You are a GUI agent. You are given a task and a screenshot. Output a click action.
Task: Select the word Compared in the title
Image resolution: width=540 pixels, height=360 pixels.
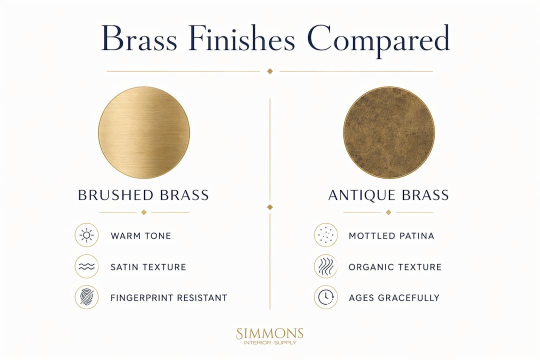click(x=378, y=40)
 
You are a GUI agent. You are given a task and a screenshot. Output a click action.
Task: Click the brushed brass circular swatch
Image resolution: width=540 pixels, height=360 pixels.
click(x=144, y=132)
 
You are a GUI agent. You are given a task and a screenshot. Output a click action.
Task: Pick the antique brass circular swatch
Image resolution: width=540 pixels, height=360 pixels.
click(x=389, y=132)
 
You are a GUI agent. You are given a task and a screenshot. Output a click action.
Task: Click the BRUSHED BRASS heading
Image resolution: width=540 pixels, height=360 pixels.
click(x=143, y=195)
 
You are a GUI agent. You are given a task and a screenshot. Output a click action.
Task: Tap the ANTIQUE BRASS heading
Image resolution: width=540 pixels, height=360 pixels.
click(x=388, y=195)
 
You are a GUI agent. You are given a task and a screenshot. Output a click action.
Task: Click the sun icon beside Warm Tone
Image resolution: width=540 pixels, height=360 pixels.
click(x=87, y=235)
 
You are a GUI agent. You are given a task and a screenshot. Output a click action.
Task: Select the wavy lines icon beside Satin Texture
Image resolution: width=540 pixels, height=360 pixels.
click(x=87, y=266)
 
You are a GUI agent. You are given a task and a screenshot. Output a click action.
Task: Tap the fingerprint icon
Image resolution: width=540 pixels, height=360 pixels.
click(x=87, y=297)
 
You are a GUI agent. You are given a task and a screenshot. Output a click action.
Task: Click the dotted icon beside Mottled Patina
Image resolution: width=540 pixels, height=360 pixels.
click(x=326, y=235)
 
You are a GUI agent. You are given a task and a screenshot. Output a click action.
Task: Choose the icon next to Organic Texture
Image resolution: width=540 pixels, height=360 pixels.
click(x=326, y=266)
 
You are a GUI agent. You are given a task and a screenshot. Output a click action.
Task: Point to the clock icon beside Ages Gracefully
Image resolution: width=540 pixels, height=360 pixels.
click(x=326, y=297)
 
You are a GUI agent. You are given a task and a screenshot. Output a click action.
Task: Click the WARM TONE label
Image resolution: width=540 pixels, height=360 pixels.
click(x=141, y=236)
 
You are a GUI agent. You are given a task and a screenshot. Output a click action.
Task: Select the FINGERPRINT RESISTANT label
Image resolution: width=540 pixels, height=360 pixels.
click(x=169, y=297)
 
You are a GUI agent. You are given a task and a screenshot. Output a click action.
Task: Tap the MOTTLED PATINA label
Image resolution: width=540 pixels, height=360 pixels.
click(x=391, y=236)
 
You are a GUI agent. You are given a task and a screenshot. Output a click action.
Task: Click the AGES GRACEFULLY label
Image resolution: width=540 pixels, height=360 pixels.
click(x=394, y=297)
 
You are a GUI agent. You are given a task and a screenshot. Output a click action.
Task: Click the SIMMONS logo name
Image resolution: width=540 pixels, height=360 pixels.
click(x=269, y=333)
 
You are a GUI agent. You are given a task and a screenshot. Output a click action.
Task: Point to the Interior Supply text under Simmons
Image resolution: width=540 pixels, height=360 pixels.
click(x=270, y=343)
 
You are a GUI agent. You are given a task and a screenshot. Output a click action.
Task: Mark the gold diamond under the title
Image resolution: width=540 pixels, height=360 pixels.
click(x=270, y=71)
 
